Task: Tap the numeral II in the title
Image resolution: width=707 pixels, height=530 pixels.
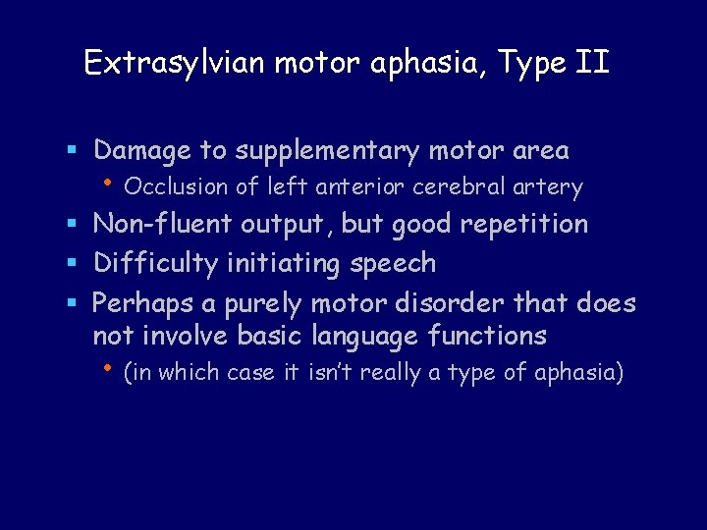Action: [593, 63]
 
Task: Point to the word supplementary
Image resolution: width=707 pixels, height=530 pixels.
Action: [327, 151]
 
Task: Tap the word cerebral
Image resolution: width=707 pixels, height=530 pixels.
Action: [465, 186]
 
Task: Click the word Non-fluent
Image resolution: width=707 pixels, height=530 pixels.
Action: [161, 224]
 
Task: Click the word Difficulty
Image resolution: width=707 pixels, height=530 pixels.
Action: [155, 264]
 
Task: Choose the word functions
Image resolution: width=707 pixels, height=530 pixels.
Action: [487, 336]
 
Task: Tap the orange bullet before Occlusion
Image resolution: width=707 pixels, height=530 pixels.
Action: [108, 183]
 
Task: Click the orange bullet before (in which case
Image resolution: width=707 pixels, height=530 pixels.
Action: [108, 370]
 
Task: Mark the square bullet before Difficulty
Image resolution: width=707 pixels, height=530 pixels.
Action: [75, 265]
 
